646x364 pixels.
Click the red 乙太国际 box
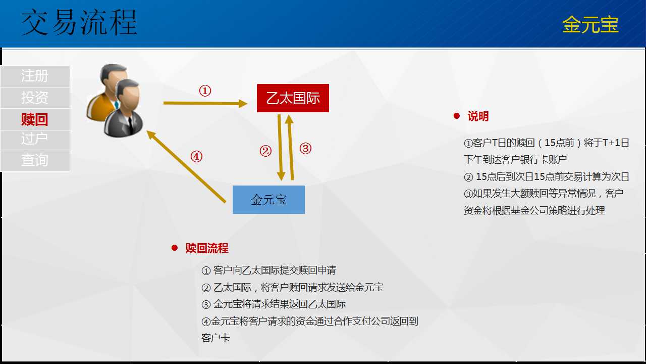tap(293, 98)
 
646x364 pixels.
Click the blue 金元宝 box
tap(268, 200)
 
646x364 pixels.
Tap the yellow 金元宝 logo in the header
tap(590, 24)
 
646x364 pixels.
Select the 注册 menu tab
tap(35, 76)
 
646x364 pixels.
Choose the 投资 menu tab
tap(35, 98)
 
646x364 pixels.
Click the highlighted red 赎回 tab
tap(35, 119)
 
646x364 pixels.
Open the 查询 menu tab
tap(35, 161)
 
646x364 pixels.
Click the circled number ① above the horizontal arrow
tap(205, 90)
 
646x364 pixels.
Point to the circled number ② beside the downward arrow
tap(265, 151)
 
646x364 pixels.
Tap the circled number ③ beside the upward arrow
tap(305, 149)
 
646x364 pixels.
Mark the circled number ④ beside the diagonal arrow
tap(196, 157)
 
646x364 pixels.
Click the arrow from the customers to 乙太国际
tap(205, 103)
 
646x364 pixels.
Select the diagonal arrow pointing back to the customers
tap(186, 166)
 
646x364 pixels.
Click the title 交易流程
tap(79, 22)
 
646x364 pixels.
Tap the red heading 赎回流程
tap(207, 248)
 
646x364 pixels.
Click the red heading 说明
tap(478, 116)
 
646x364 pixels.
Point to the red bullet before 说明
tap(457, 116)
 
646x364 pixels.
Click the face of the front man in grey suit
tap(129, 97)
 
